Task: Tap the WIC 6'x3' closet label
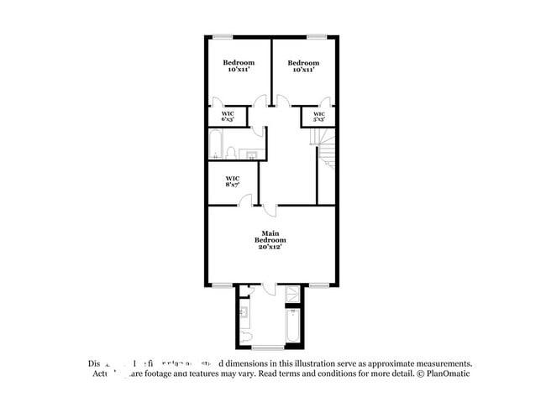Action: pyautogui.click(x=228, y=116)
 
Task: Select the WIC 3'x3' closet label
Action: pyautogui.click(x=319, y=116)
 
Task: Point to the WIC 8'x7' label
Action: pyautogui.click(x=234, y=181)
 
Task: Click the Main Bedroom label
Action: pyautogui.click(x=270, y=237)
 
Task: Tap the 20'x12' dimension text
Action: pyautogui.click(x=270, y=248)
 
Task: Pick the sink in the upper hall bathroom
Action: pyautogui.click(x=249, y=154)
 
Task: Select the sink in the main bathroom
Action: pyautogui.click(x=243, y=312)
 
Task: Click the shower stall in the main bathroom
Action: pyautogui.click(x=292, y=295)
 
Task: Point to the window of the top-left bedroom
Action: pyautogui.click(x=222, y=36)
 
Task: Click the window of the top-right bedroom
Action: pyautogui.click(x=316, y=36)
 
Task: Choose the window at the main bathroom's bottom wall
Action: pyautogui.click(x=268, y=347)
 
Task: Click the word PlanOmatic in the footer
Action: pyautogui.click(x=450, y=373)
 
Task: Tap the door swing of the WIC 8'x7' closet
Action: pyautogui.click(x=244, y=200)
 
